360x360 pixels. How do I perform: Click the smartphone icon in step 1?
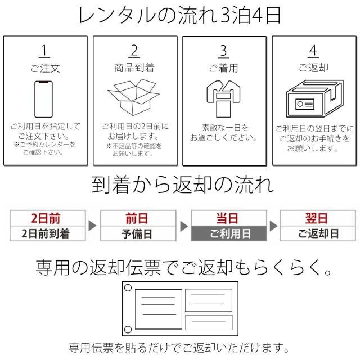click(45, 97)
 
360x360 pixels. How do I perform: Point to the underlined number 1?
click(45, 50)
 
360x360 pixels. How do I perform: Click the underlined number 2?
click(134, 50)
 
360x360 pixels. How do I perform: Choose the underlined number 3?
click(224, 50)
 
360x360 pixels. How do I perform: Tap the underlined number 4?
click(313, 50)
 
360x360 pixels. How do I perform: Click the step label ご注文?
click(45, 68)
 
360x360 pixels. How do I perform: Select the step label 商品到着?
click(134, 68)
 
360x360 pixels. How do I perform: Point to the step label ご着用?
click(224, 68)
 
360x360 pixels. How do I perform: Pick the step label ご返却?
click(313, 68)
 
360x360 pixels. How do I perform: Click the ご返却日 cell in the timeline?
click(318, 233)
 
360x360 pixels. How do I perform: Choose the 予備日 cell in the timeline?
click(138, 233)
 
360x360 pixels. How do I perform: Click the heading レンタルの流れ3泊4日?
click(180, 15)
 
